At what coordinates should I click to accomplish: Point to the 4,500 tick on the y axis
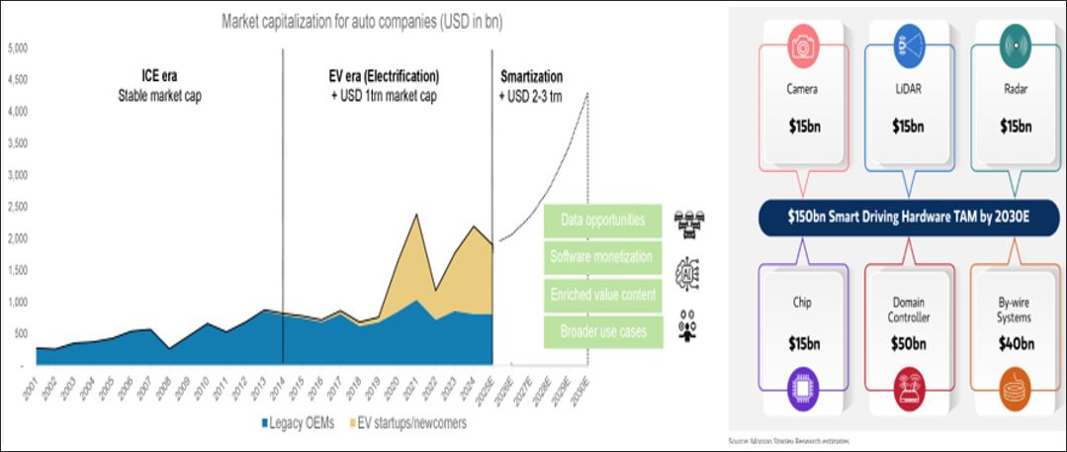[x=19, y=81]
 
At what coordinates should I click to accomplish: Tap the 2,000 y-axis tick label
[x=19, y=238]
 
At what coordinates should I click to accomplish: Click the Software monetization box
[x=601, y=257]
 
